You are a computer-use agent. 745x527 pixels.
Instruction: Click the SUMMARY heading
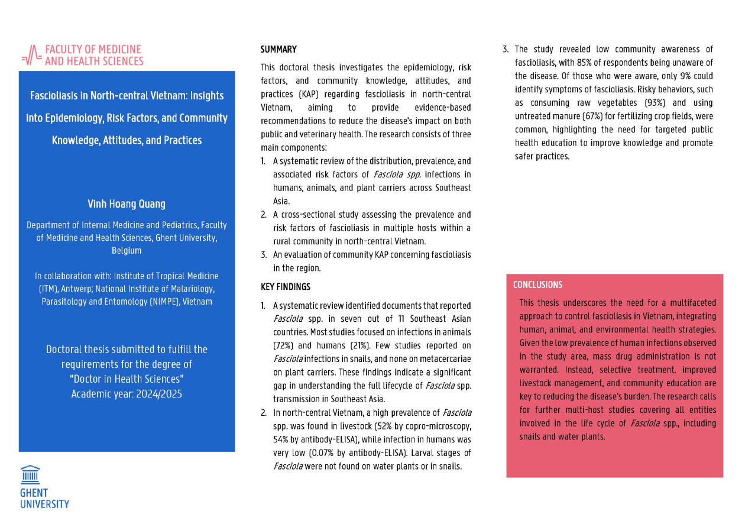[278, 50]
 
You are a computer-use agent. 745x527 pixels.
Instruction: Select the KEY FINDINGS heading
[286, 287]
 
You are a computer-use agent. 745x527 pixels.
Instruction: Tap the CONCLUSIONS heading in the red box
[537, 285]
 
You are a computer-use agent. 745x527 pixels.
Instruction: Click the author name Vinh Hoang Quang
[127, 204]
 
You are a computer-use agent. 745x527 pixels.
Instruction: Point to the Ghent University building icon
[30, 475]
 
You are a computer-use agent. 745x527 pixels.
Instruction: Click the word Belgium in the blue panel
[127, 250]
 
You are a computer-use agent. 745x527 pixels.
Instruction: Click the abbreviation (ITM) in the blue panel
[47, 289]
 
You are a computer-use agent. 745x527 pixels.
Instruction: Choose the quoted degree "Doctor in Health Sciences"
[127, 379]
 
